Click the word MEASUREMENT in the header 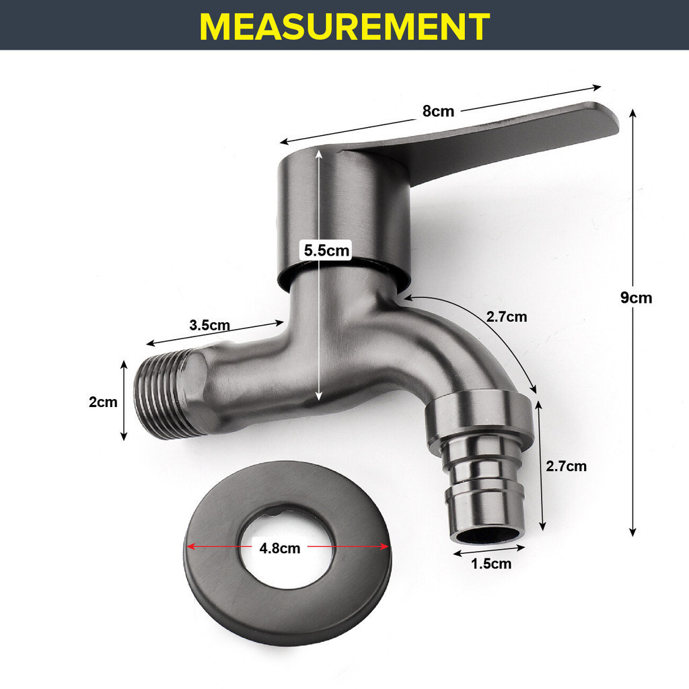coord(344,26)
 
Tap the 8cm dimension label coord(438,112)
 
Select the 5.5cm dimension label coord(326,250)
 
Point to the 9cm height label coord(636,298)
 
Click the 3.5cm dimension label coord(210,325)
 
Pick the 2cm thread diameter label coord(103,402)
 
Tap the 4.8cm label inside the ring coord(279,548)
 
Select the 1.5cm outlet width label coord(491,564)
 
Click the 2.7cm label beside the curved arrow coord(506,316)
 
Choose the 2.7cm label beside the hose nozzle coord(566,466)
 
